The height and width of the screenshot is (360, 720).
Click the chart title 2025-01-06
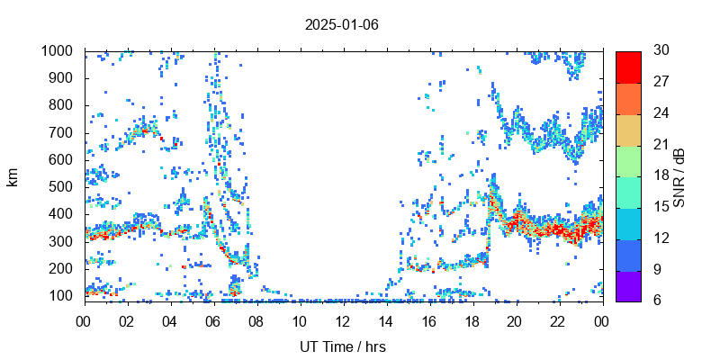pos(342,24)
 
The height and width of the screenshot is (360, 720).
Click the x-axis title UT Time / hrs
pos(342,346)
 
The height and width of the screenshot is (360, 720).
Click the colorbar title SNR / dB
pos(679,177)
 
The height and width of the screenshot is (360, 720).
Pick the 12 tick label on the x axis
pos(342,321)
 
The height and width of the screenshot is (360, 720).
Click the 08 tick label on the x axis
pos(256,321)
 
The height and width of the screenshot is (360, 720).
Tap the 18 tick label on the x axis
pos(472,321)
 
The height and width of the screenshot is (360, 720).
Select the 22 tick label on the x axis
pos(558,321)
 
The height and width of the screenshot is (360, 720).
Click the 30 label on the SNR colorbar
pos(660,51)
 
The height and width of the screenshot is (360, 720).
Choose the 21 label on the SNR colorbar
pos(660,145)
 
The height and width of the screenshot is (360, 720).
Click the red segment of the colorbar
pos(628,67)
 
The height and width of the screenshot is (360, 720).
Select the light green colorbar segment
pos(628,160)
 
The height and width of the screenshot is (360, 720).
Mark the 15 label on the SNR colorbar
pos(660,207)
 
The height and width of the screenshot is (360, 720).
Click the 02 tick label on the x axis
pos(127,321)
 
